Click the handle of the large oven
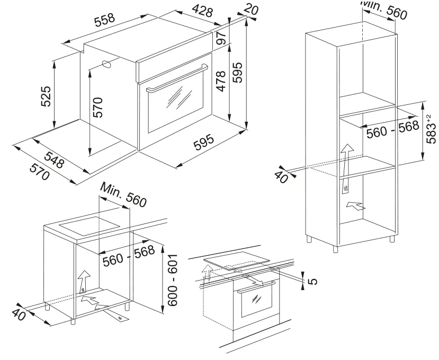click(x=172, y=78)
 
